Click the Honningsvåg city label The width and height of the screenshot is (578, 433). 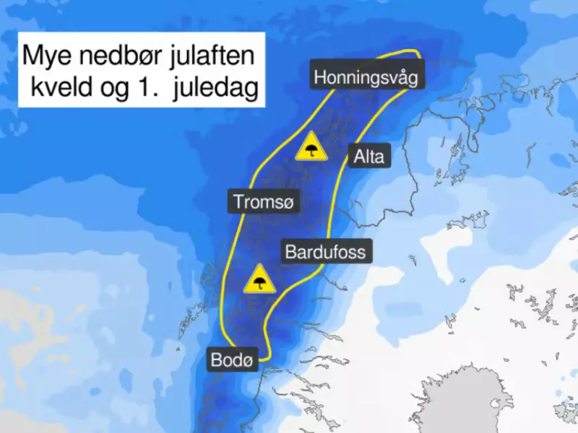pos(366,77)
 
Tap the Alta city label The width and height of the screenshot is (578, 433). pos(369,156)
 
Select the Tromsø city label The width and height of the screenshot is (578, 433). pos(264,201)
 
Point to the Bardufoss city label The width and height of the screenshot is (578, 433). pos(326,253)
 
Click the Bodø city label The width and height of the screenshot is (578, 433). pos(233,359)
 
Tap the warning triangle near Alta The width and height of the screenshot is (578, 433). pos(311,147)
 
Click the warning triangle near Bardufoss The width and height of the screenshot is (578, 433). pos(259,279)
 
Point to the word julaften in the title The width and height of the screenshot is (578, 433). pos(215,56)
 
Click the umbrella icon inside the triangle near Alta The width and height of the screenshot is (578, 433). pos(311,150)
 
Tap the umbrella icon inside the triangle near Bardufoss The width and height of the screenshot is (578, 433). pos(259,282)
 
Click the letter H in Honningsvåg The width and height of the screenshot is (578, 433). pos(319,77)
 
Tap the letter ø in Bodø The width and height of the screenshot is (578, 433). pos(249,360)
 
